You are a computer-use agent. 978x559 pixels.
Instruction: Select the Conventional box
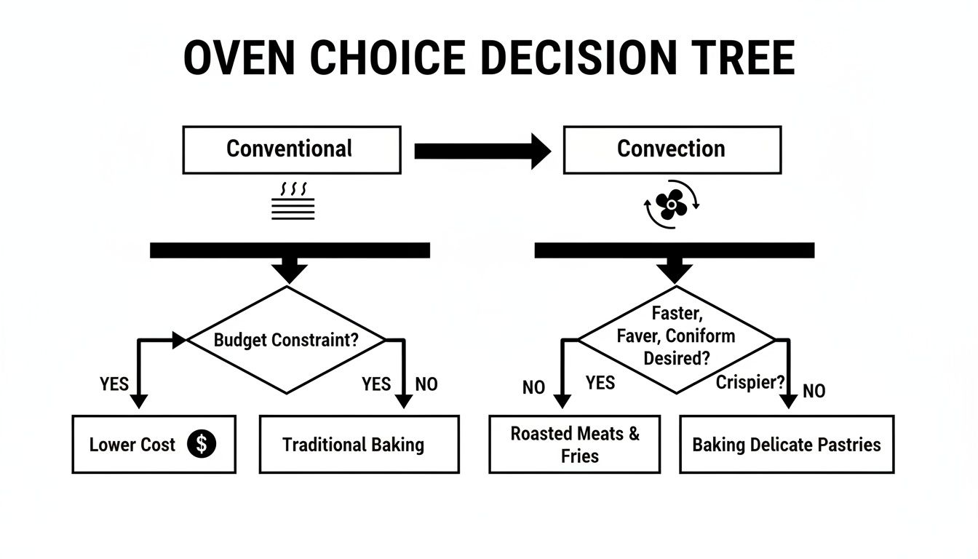point(291,150)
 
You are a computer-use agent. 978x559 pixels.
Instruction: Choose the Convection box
point(672,150)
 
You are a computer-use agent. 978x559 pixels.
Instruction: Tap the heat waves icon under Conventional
point(293,202)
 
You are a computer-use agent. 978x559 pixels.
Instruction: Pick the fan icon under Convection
point(671,205)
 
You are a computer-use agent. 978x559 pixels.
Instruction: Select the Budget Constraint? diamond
point(287,340)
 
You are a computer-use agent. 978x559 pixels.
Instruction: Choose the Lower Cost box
point(154,444)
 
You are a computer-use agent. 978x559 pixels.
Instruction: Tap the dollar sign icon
point(202,444)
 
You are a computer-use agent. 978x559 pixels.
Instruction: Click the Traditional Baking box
point(359,444)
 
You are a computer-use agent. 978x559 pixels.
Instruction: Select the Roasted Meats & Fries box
point(574,444)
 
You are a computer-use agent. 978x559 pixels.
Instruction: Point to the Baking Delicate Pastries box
point(786,444)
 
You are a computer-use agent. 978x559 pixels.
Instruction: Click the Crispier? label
point(749,382)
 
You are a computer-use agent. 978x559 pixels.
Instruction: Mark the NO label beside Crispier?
point(814,391)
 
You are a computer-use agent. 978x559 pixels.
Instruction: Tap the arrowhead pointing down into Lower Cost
point(138,400)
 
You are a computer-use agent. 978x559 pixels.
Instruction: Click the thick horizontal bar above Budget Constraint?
point(290,250)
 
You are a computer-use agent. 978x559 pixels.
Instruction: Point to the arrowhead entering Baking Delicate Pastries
point(789,401)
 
